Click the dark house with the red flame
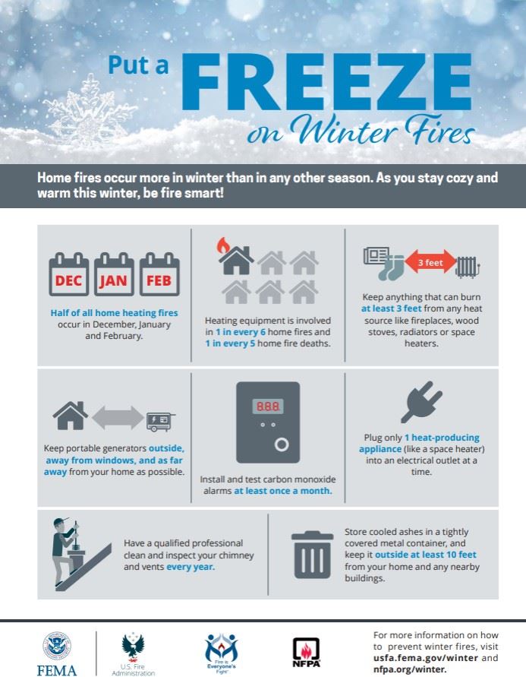(x=235, y=258)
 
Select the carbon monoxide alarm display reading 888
(x=267, y=407)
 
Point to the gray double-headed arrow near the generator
(x=118, y=417)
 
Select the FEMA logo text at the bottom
(x=57, y=669)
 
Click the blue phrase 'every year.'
(x=191, y=567)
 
